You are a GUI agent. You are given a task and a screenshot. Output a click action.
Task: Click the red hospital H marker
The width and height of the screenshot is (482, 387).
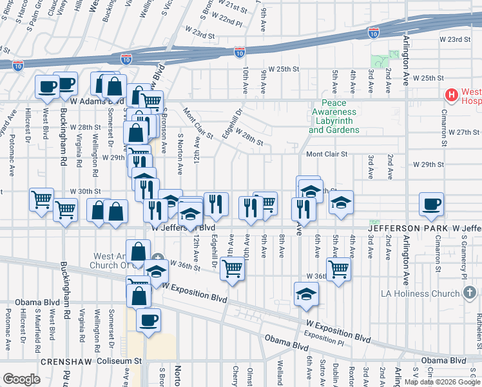click(x=452, y=95)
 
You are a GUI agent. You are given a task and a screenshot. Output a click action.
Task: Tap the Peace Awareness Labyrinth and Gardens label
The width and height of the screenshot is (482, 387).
click(x=334, y=117)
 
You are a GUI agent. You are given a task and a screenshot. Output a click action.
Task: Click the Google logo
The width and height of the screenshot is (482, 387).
click(x=21, y=379)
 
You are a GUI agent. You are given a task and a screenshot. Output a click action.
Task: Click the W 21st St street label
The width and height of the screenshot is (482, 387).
click(x=234, y=9)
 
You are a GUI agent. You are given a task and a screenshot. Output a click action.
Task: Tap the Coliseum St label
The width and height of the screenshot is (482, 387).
click(x=119, y=362)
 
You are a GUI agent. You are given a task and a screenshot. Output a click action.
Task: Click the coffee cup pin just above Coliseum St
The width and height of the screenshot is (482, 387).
click(x=148, y=320)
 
